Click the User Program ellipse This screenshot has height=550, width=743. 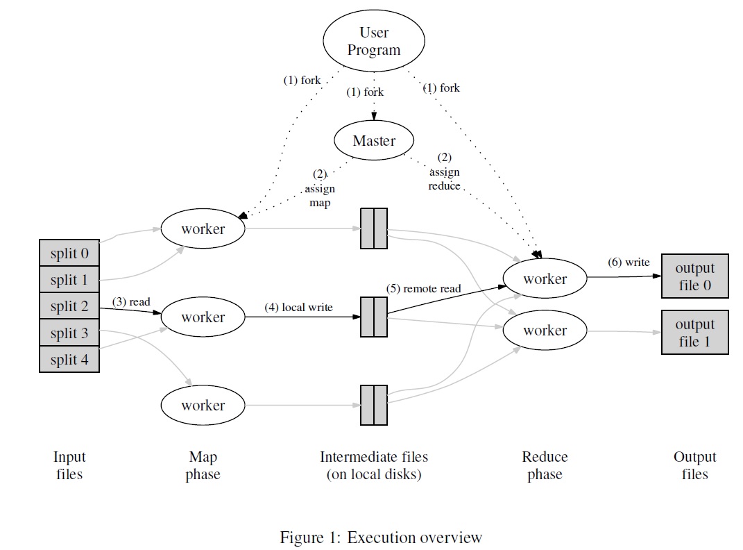click(374, 42)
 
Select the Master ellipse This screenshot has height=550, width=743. click(374, 141)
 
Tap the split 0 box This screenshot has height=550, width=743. click(69, 253)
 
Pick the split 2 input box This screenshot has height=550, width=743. click(69, 307)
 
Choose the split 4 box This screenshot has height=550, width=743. click(69, 360)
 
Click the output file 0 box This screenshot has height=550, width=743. click(694, 277)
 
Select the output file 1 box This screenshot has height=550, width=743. click(694, 333)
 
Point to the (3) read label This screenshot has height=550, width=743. click(131, 302)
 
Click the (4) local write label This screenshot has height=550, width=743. click(298, 307)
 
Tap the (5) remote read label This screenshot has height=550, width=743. click(423, 288)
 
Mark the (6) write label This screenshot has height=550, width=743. click(629, 262)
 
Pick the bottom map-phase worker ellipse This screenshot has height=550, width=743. click(203, 406)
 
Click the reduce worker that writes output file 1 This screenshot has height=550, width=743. click(545, 331)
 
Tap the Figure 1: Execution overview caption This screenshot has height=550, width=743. click(380, 537)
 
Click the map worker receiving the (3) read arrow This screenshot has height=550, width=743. click(203, 317)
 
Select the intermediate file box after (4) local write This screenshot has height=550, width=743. click(374, 317)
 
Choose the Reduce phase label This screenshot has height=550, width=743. click(545, 466)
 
